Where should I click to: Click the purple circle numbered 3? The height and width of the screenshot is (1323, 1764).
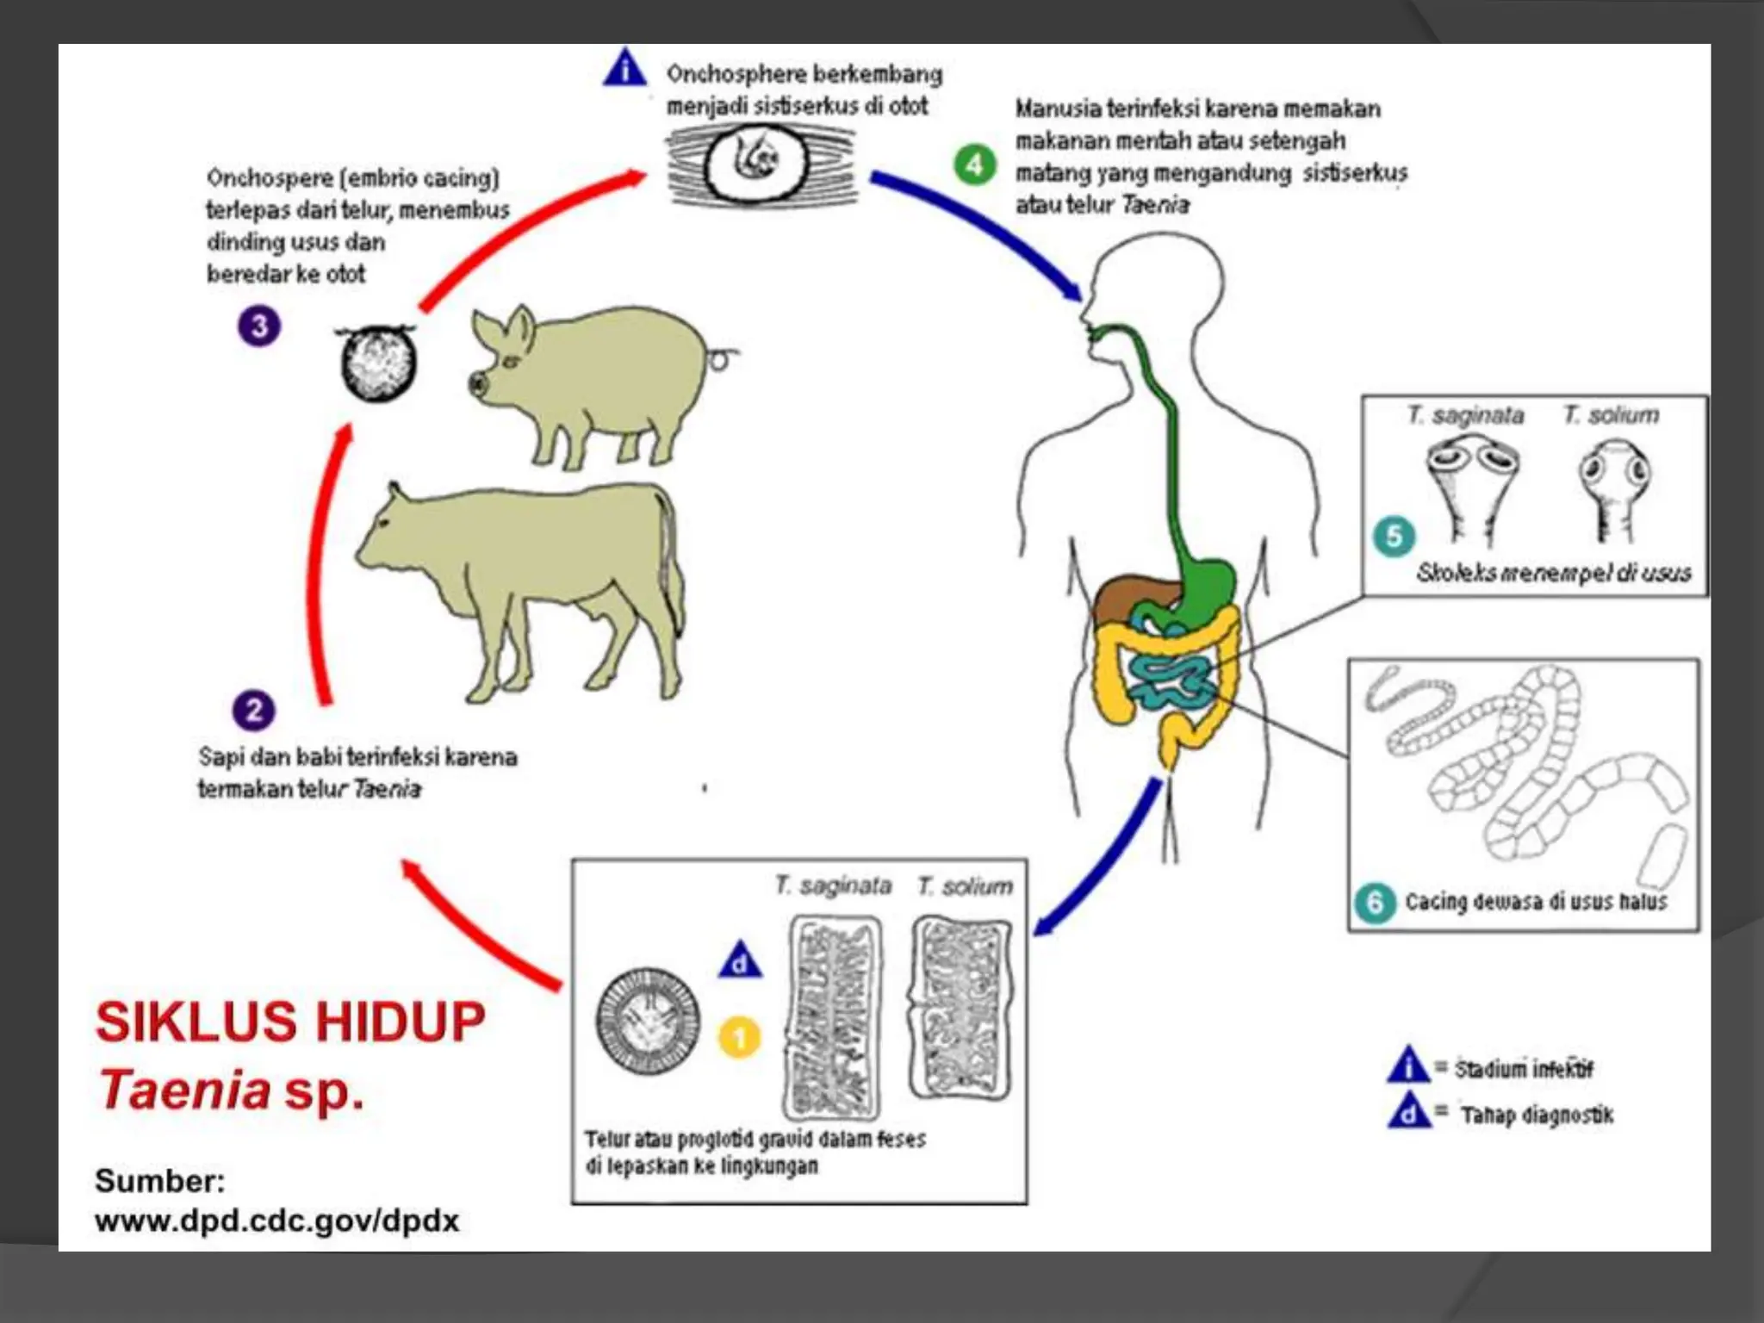pos(259,326)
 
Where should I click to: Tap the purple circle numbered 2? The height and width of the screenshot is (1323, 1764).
pos(254,711)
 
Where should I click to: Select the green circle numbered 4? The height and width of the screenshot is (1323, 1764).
pos(975,164)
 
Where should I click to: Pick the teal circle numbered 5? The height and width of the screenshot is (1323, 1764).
pos(1394,537)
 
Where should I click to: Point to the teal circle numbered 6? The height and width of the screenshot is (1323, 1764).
pos(1375,903)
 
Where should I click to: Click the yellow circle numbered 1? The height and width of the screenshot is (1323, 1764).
pos(739,1037)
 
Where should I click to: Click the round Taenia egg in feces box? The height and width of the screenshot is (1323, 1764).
pos(647,1022)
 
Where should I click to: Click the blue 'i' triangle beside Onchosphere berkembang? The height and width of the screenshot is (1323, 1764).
pos(625,69)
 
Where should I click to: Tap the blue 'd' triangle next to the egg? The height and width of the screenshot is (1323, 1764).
pos(740,961)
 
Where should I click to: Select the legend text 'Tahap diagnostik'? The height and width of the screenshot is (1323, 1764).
pos(1537,1115)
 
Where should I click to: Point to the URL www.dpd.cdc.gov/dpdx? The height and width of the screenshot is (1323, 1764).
pos(276,1221)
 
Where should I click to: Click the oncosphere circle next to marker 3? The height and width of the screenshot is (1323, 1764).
pos(378,363)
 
